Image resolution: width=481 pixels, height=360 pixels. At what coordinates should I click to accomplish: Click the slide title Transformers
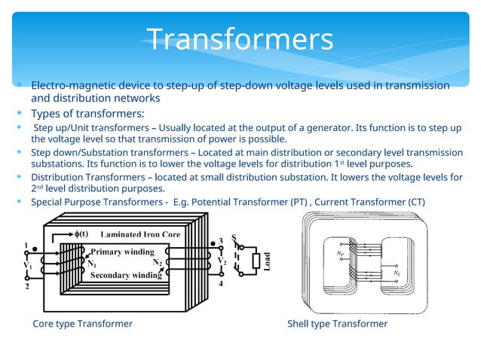tap(240, 39)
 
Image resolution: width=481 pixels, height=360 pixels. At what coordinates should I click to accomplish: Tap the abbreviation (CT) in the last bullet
tap(415, 202)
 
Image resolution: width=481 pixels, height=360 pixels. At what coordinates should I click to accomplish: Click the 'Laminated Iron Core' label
tap(140, 235)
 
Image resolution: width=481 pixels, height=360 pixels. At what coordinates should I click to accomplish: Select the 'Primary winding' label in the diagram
tap(122, 252)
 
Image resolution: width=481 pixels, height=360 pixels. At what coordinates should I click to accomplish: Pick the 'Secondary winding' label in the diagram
tap(125, 276)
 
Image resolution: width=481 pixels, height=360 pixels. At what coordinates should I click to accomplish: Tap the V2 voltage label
tap(222, 262)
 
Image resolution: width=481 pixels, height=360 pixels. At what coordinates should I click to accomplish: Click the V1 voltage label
tap(27, 265)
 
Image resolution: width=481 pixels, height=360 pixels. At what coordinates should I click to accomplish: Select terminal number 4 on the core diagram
tap(221, 284)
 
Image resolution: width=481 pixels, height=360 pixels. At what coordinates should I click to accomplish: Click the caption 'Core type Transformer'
tap(82, 324)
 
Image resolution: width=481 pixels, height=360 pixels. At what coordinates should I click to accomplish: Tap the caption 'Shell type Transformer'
tap(337, 324)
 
